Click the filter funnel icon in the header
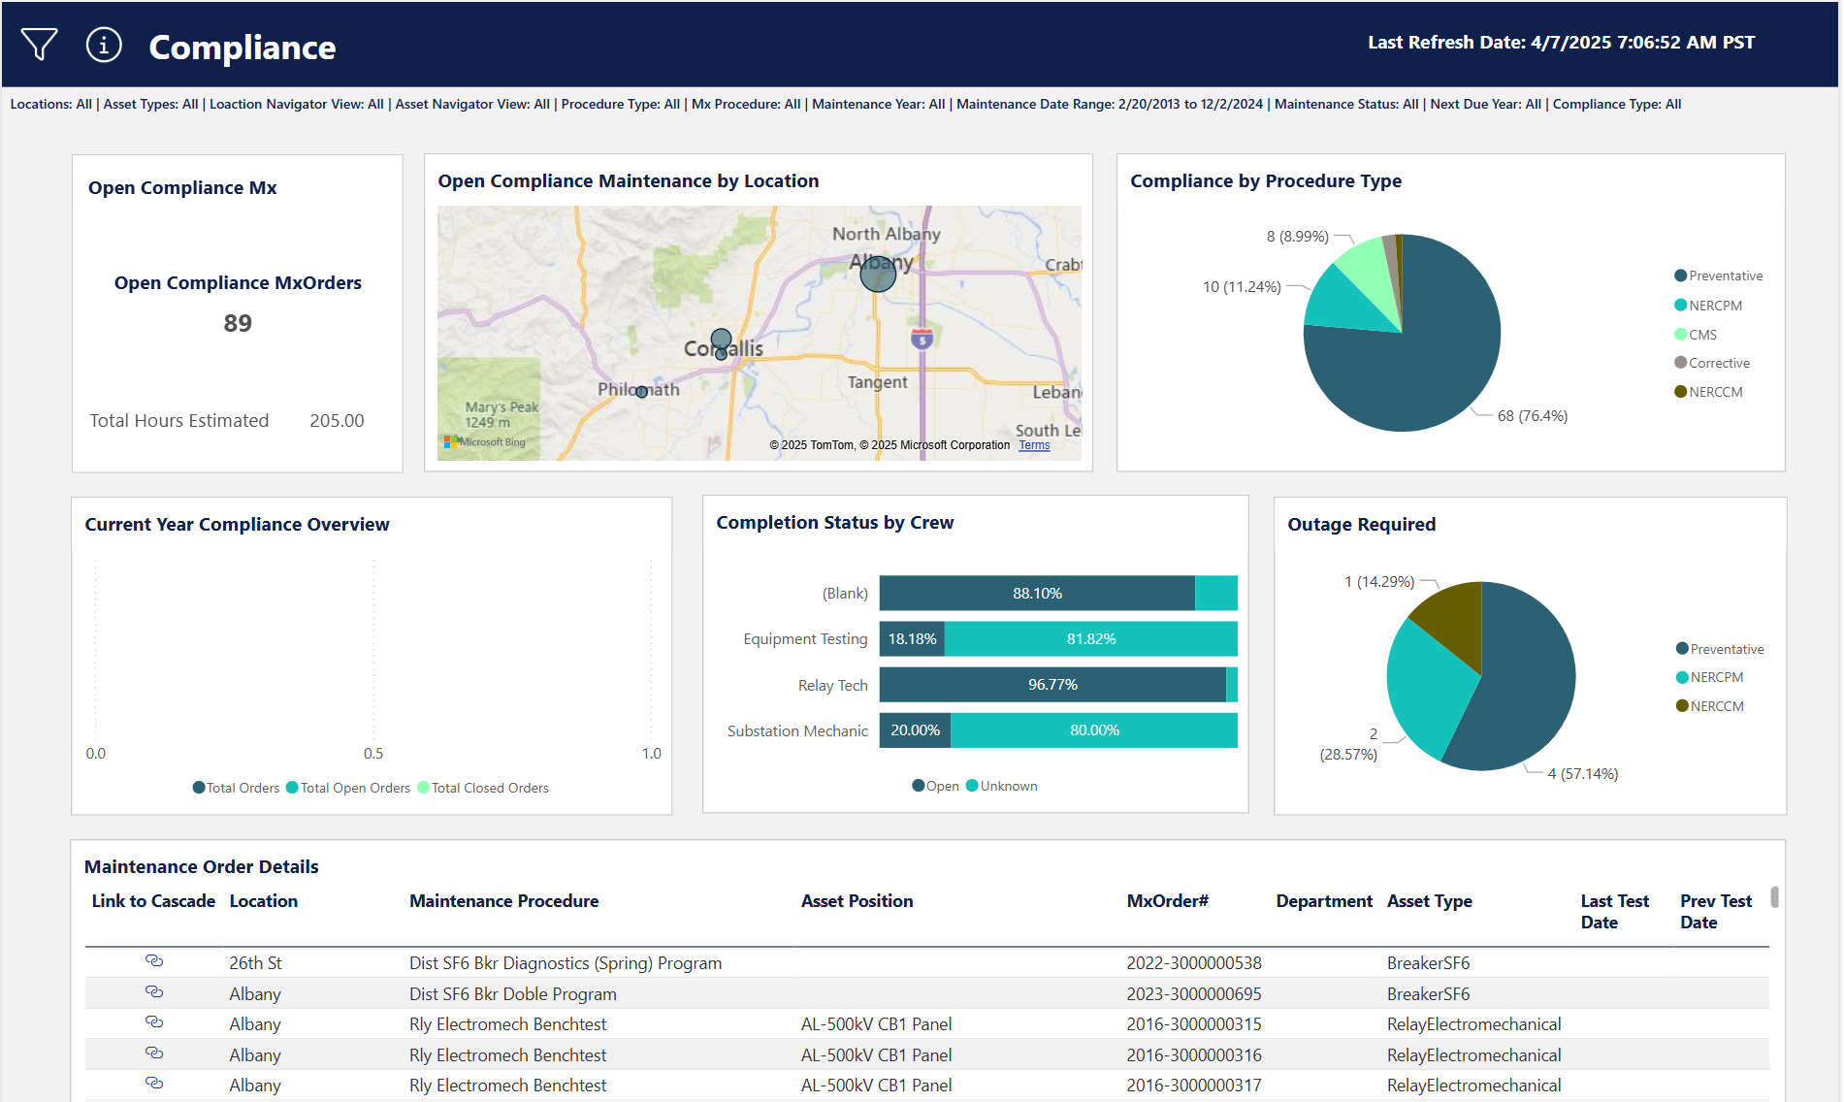point(39,45)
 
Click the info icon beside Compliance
point(104,45)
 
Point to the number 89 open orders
point(238,323)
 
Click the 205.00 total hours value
point(337,421)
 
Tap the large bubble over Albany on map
point(878,275)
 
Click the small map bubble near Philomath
point(641,392)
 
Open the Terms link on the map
point(1034,445)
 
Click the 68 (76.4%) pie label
point(1532,416)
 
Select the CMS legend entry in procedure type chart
point(1701,335)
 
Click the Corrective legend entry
point(1718,363)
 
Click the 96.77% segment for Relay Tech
point(1052,685)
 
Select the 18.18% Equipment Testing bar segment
point(912,639)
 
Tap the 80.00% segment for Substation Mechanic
point(1094,730)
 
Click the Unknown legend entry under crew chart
point(1008,787)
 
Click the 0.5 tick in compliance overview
point(373,754)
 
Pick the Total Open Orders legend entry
point(354,789)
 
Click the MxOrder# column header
point(1167,901)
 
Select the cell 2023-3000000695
point(1193,994)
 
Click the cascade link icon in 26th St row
point(154,961)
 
